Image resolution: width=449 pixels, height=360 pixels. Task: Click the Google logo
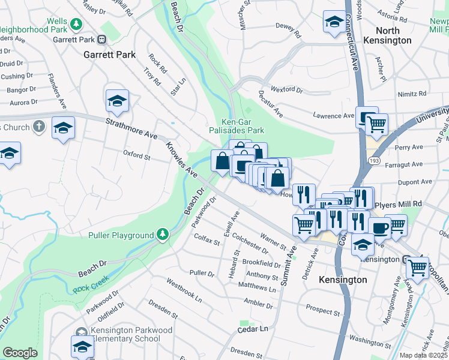20,353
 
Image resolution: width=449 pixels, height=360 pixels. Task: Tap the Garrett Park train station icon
102,40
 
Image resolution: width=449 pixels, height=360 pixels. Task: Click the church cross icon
38,127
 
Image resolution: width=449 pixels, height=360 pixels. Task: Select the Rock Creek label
89,289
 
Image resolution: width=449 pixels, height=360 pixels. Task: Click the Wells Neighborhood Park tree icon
76,25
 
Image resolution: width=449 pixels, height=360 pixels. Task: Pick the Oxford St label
136,156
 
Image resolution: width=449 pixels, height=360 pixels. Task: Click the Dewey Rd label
286,26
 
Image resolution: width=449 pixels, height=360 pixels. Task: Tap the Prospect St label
322,310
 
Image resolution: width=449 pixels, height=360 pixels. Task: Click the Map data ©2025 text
423,355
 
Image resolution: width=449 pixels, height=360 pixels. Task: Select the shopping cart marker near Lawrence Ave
376,125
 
